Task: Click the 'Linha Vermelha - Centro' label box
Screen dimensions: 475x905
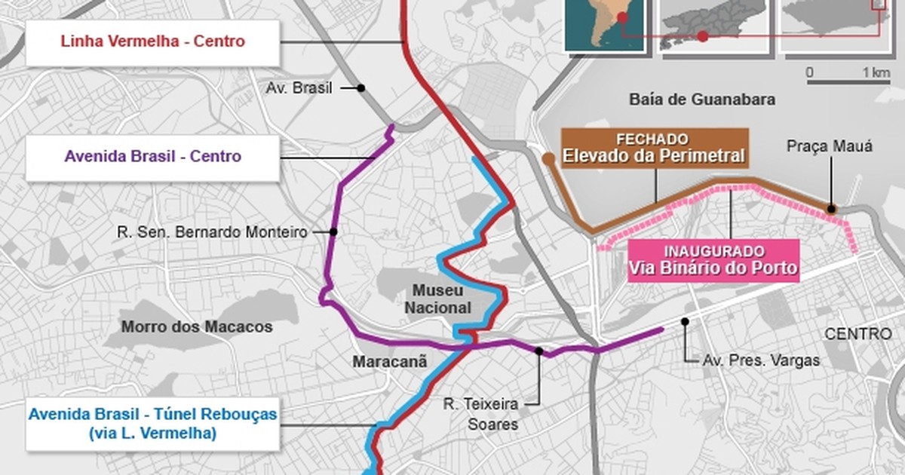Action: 153,42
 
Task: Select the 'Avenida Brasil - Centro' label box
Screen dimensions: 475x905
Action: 153,157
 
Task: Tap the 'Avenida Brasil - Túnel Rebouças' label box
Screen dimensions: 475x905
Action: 153,424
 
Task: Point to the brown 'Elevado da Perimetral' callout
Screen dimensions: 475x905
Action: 655,149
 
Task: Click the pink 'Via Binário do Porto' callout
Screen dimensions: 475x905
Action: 713,260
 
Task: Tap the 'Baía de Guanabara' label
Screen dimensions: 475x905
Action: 701,99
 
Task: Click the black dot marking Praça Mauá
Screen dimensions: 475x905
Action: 830,209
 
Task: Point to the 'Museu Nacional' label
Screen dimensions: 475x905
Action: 438,299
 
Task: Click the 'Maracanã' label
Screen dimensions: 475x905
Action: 390,362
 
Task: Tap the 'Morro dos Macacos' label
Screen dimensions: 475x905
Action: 197,326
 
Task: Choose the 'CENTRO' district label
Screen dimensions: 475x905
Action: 858,333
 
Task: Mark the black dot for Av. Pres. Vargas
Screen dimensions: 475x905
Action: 685,321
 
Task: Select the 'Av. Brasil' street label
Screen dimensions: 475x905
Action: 299,88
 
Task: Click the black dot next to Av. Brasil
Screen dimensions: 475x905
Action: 361,88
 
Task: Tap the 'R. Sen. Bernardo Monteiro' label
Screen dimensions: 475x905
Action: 213,232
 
